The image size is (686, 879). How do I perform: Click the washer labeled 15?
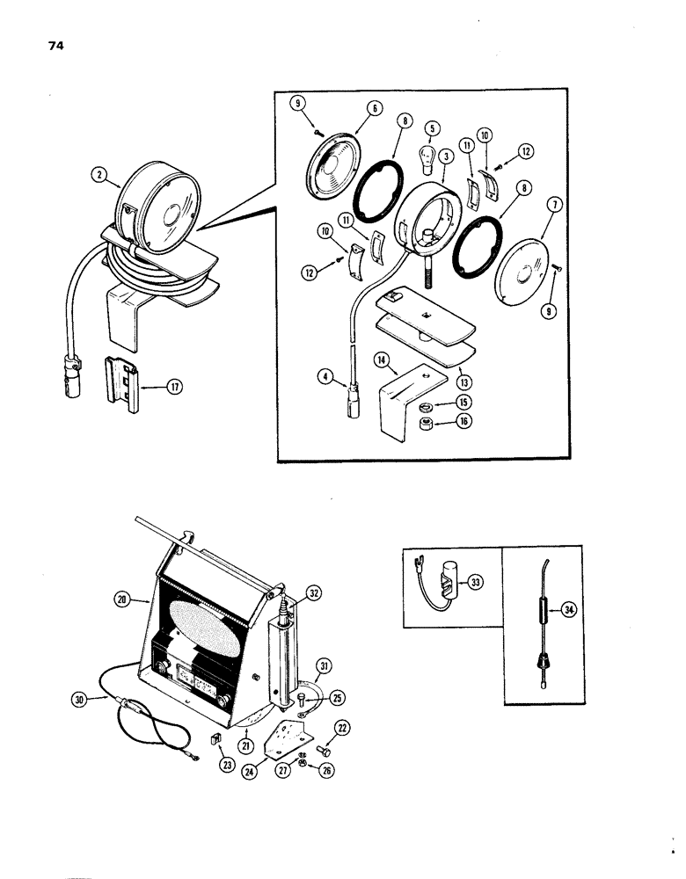(426, 408)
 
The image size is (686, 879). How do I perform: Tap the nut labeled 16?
(426, 426)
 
